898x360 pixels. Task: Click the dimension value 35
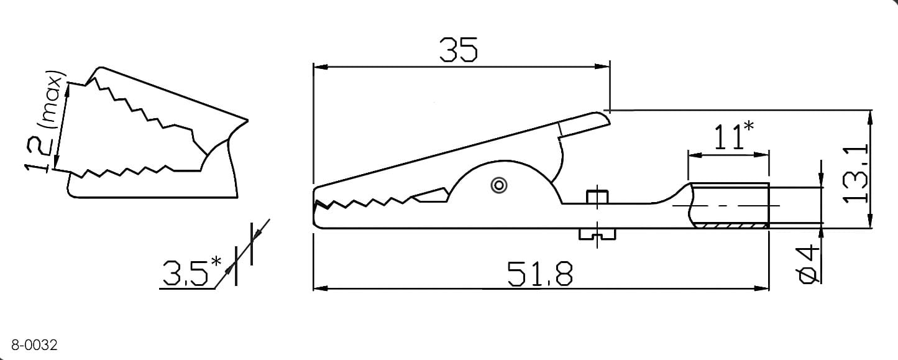click(x=459, y=50)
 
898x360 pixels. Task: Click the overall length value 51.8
click(x=540, y=274)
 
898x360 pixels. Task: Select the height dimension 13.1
click(x=856, y=174)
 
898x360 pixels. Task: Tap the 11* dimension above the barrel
click(x=734, y=136)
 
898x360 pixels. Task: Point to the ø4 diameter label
click(x=808, y=265)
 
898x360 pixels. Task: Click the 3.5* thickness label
click(x=191, y=272)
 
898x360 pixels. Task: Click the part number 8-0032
click(x=34, y=344)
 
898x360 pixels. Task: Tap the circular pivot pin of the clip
click(x=499, y=185)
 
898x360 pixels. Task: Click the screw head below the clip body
click(x=597, y=234)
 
